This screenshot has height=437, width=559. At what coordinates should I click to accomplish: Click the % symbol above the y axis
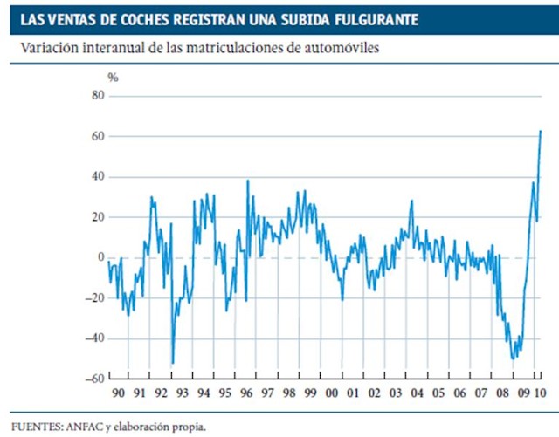coord(113,78)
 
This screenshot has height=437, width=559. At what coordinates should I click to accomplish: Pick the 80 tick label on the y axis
coord(98,96)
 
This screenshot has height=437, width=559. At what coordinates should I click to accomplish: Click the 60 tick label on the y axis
coord(98,137)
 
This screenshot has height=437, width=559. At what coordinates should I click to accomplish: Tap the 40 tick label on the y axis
coord(98,177)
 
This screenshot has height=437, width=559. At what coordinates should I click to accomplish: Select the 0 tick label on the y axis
coord(101,258)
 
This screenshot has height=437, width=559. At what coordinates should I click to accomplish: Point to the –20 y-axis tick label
coord(95,298)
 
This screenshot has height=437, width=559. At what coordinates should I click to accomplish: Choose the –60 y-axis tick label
coord(95,379)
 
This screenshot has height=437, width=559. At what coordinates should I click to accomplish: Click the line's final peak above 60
coord(541,131)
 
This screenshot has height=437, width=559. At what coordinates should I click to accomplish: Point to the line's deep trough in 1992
coord(172,363)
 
